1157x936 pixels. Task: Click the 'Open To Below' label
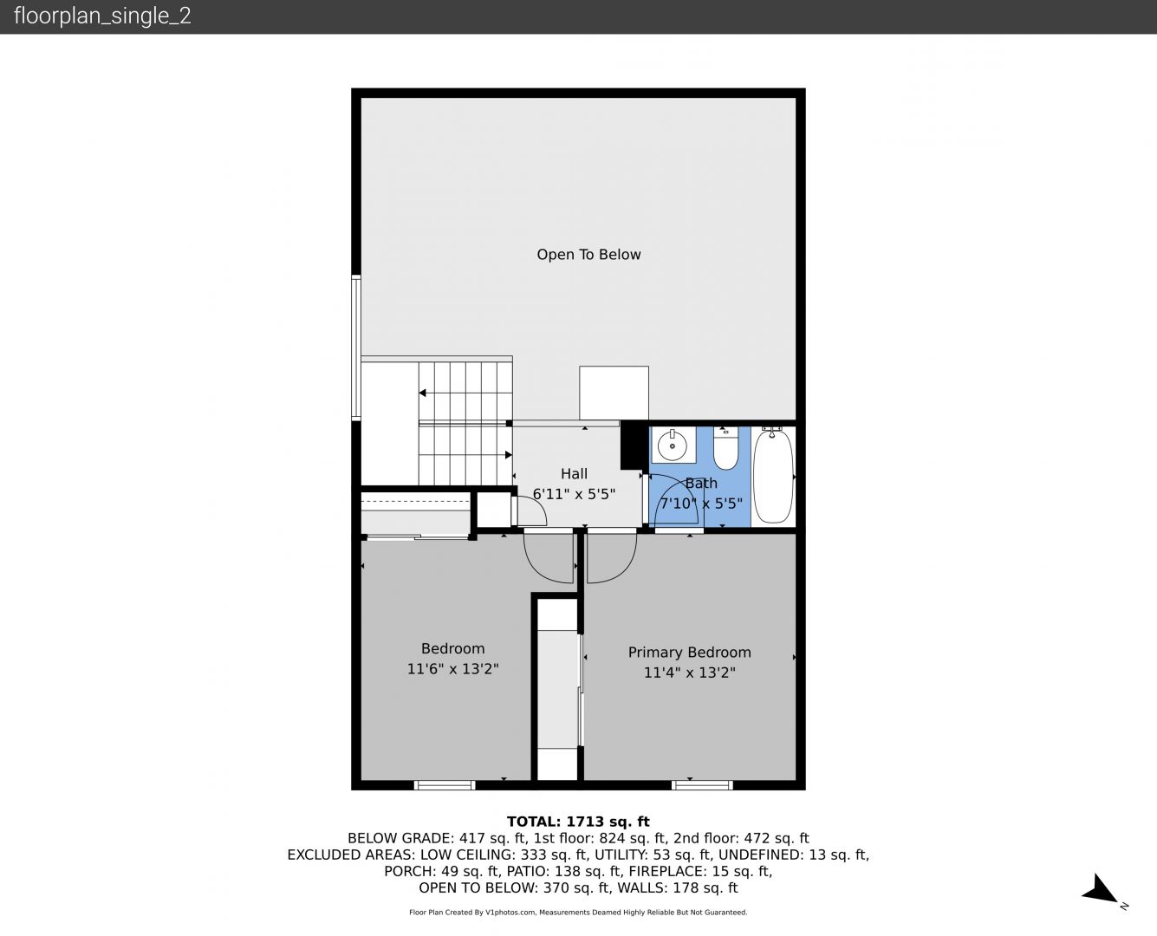pyautogui.click(x=588, y=254)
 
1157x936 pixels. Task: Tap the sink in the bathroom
pyautogui.click(x=673, y=445)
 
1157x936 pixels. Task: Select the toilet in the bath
pyautogui.click(x=725, y=448)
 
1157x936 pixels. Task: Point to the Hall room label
pyautogui.click(x=574, y=474)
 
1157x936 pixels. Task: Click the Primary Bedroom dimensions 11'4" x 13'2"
pyautogui.click(x=689, y=673)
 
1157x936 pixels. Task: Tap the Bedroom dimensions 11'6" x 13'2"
pyautogui.click(x=453, y=669)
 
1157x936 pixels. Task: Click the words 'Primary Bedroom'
pyautogui.click(x=689, y=653)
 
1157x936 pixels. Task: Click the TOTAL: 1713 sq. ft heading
pyautogui.click(x=578, y=822)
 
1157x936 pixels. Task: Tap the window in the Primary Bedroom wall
pyautogui.click(x=702, y=785)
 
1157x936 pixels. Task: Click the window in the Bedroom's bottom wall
pyautogui.click(x=445, y=785)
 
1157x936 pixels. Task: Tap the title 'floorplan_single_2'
pyautogui.click(x=102, y=16)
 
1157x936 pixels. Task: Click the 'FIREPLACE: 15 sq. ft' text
pyautogui.click(x=700, y=871)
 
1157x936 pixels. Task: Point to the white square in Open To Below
pyautogui.click(x=614, y=393)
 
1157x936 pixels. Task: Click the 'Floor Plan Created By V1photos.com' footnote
pyautogui.click(x=472, y=912)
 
